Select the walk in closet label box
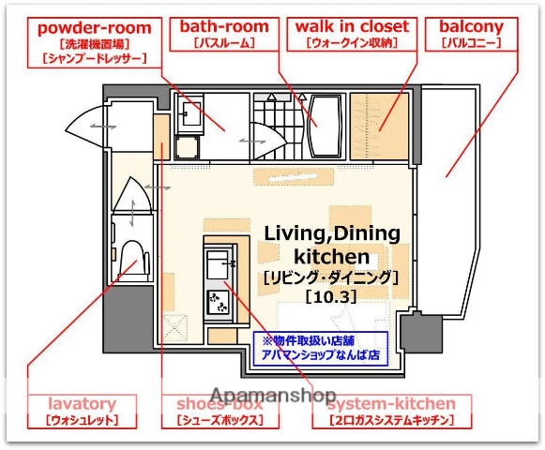point(351,34)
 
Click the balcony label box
point(470,34)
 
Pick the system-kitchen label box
point(391,411)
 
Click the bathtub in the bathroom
point(323,126)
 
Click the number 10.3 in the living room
point(332,297)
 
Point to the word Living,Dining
point(331,233)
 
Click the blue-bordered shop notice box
point(320,348)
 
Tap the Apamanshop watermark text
point(273,396)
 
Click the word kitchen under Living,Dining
point(330,256)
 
